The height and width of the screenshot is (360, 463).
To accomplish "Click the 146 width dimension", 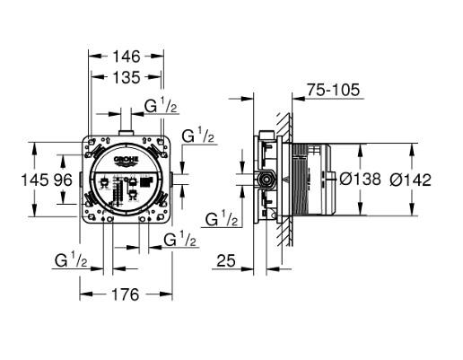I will (x=126, y=56).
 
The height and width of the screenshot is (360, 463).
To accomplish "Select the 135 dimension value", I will (x=126, y=77).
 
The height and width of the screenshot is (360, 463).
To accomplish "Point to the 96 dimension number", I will (x=62, y=180).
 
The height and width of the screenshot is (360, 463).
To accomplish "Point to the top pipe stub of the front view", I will (x=126, y=135).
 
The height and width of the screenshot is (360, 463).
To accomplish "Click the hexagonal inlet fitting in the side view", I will (x=266, y=180).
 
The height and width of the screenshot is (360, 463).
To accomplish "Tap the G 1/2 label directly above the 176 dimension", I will (x=72, y=260).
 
